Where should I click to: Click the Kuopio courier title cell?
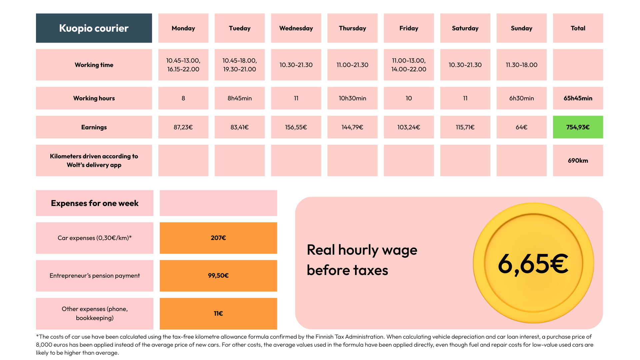(94, 28)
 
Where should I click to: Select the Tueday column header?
(239, 28)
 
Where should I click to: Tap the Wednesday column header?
(296, 28)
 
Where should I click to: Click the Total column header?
(578, 28)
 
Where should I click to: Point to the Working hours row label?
(94, 98)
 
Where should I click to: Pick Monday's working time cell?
(183, 65)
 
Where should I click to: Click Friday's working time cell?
(409, 65)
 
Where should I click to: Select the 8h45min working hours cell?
(239, 98)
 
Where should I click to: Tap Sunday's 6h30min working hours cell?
(521, 98)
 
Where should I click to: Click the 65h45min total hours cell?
(578, 98)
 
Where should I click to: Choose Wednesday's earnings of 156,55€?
(296, 127)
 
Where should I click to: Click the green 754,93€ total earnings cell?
(578, 127)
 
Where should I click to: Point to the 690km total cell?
(578, 161)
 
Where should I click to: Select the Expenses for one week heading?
(95, 203)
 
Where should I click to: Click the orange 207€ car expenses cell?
(218, 238)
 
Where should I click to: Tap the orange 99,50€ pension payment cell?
(218, 276)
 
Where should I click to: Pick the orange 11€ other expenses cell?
(218, 314)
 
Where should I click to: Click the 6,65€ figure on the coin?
(533, 264)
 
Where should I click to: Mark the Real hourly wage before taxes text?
(362, 260)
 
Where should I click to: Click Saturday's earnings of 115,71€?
(465, 127)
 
